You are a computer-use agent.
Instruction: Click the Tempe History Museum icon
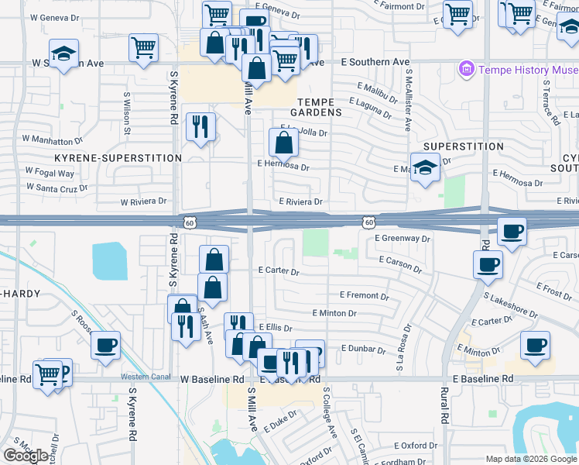(467, 70)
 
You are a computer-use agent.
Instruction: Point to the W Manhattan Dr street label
(52, 140)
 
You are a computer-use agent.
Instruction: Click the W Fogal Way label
(50, 171)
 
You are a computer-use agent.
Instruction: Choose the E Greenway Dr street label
(402, 239)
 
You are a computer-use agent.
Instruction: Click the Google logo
(26, 456)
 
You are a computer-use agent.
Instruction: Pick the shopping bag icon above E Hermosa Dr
(284, 143)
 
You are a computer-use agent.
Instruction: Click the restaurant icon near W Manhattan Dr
(200, 127)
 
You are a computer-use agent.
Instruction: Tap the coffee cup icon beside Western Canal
(106, 345)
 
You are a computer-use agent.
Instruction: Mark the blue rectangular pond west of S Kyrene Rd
(110, 261)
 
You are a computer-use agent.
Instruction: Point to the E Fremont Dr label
(364, 295)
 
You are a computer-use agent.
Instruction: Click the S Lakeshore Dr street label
(510, 305)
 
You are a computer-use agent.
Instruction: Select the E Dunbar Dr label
(362, 350)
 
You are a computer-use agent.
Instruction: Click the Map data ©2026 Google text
(530, 459)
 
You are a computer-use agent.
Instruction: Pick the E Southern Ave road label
(375, 62)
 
